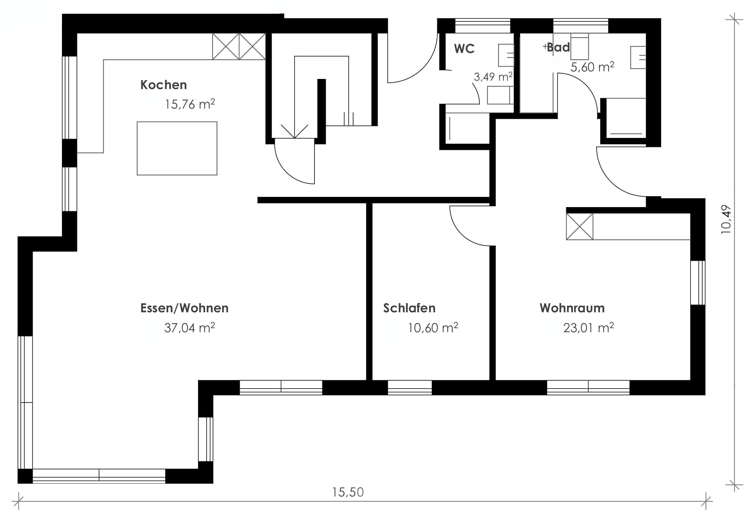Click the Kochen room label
click(163, 85)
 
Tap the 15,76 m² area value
click(190, 104)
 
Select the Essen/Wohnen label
click(184, 308)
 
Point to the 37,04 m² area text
click(190, 328)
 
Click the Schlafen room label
click(410, 308)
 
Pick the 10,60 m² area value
click(433, 328)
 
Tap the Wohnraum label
click(572, 308)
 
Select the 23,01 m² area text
click(589, 328)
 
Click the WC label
click(464, 49)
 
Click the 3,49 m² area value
click(493, 77)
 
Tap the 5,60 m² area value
click(592, 67)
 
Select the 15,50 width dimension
click(348, 492)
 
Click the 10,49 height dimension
click(726, 219)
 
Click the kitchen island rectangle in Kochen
click(177, 148)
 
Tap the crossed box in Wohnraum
click(580, 227)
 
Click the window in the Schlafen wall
click(410, 387)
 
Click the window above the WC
click(483, 26)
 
